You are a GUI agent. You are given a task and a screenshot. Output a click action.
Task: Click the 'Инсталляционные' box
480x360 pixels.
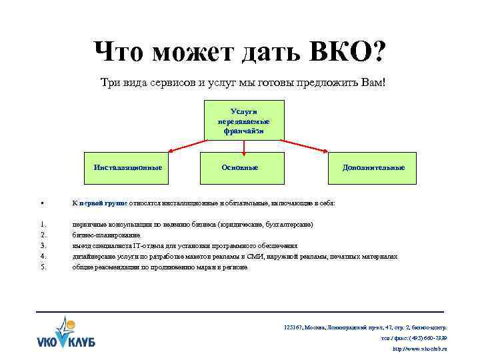tap(129, 167)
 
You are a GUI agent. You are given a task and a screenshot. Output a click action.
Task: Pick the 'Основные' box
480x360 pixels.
tap(240, 167)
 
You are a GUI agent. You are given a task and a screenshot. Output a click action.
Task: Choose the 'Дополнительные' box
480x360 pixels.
tap(373, 167)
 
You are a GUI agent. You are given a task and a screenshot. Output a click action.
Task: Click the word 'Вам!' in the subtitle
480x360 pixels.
tap(373, 83)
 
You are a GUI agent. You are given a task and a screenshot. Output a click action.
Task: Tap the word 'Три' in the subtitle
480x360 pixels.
tap(110, 83)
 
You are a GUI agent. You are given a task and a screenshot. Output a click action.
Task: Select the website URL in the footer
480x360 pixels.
tap(420, 349)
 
